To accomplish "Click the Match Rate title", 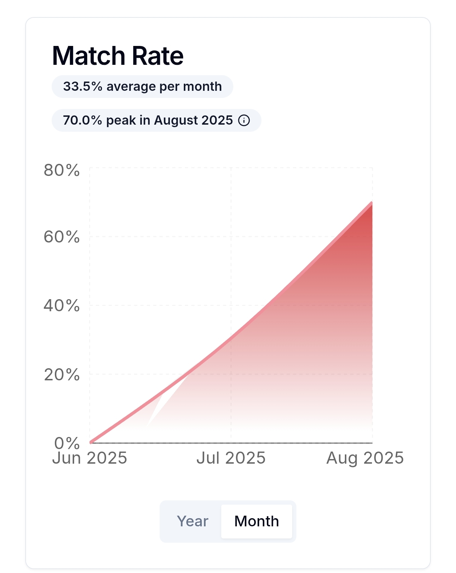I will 118,56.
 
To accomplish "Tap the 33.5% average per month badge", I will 142,87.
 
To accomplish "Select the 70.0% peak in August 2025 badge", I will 148,120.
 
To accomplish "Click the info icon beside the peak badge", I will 244,120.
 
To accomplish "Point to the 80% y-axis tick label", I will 62,171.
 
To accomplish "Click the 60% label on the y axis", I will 62,237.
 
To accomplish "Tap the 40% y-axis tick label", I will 62,306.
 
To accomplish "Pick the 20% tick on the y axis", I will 62,375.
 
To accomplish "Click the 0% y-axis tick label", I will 67,443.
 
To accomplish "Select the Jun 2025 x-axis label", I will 89,458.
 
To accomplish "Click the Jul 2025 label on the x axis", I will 231,458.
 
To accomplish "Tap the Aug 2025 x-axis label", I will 365,458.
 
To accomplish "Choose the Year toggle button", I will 192,521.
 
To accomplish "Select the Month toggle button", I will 256,521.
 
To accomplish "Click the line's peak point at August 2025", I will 372,203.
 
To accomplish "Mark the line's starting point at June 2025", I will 91,442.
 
